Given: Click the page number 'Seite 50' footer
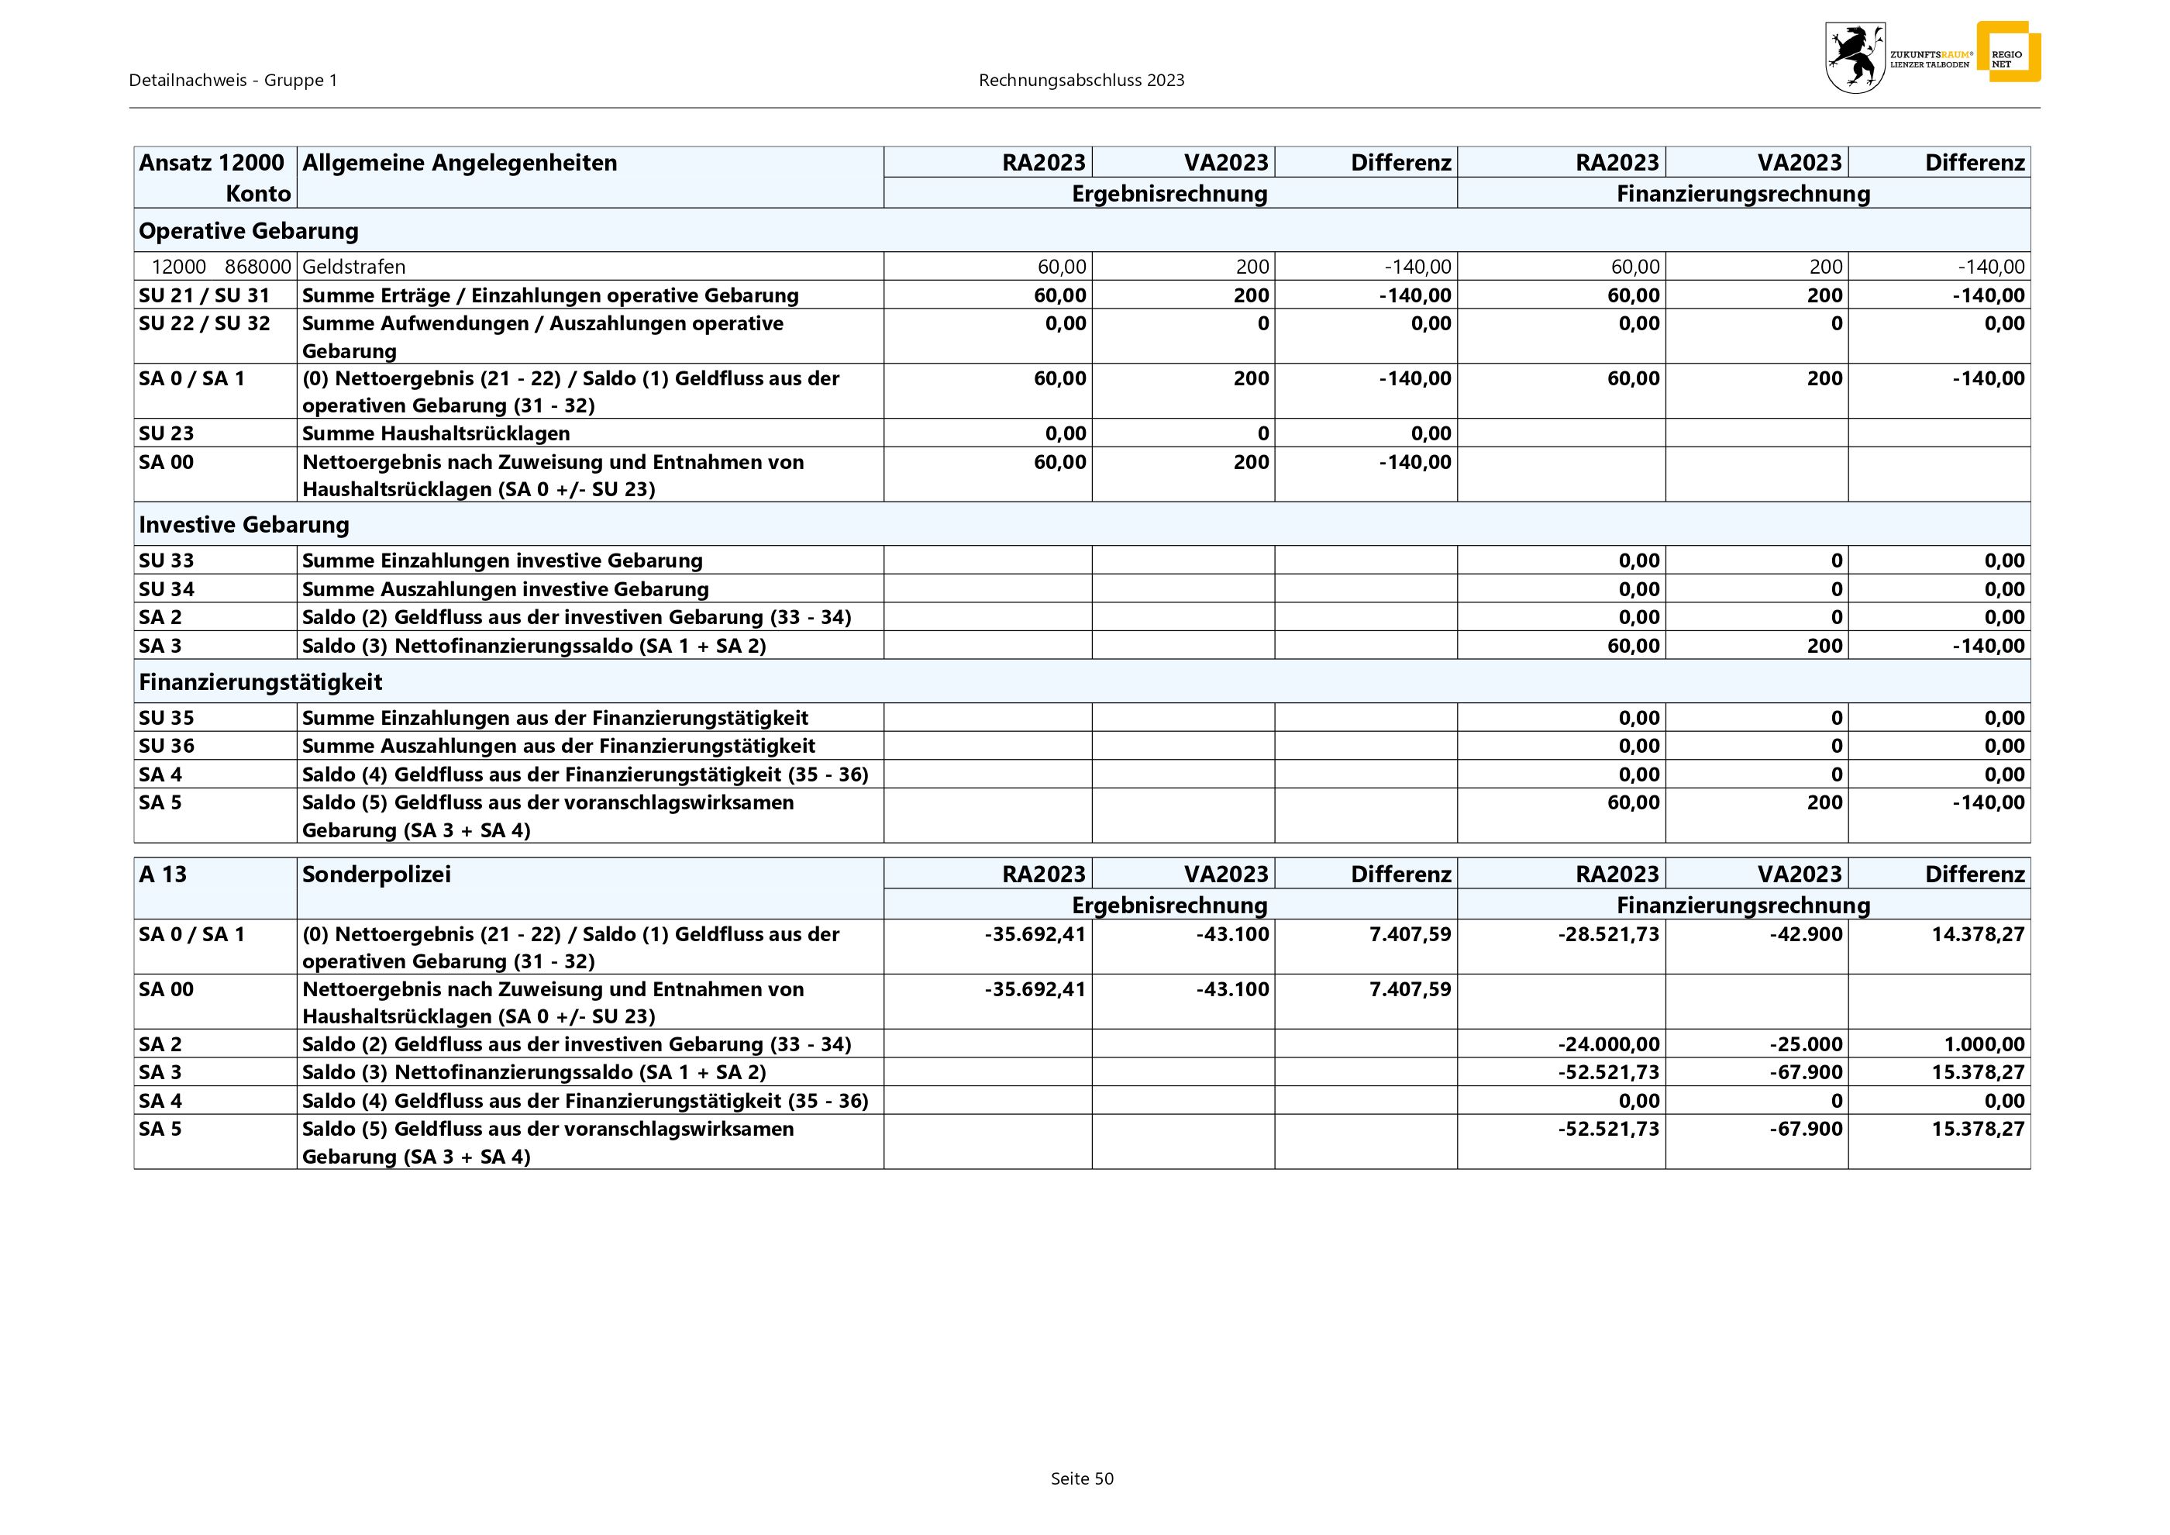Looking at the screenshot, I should [1082, 1478].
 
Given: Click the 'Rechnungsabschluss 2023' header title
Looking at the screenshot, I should [1081, 81].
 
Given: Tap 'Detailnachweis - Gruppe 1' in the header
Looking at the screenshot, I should [233, 81].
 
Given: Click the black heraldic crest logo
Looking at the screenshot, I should [1855, 57].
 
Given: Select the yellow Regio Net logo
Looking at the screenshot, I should [2008, 53].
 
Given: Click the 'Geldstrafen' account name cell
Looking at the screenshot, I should [353, 267].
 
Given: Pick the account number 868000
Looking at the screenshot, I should [257, 267].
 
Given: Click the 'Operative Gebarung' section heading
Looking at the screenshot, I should [249, 230].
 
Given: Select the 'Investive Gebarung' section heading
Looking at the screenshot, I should [244, 525].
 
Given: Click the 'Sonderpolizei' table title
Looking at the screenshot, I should [376, 874].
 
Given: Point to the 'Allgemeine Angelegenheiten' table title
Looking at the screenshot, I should [460, 163].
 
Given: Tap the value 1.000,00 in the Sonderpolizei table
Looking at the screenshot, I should [1984, 1044].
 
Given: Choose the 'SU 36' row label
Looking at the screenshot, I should [167, 746].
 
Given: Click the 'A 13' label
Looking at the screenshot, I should [163, 874].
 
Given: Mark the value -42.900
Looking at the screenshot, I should [1805, 934].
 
